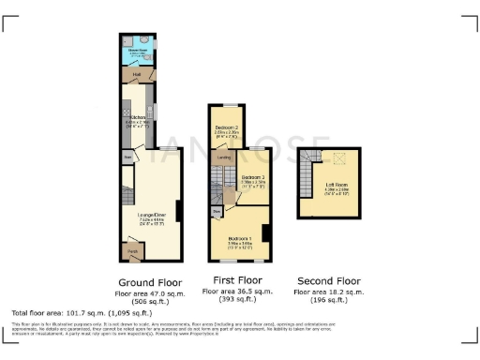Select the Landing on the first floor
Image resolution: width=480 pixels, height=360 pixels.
coord(225,157)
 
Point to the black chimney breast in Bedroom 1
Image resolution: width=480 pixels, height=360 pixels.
coord(265,233)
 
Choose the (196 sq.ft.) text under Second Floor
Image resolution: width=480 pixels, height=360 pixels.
coord(328,300)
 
